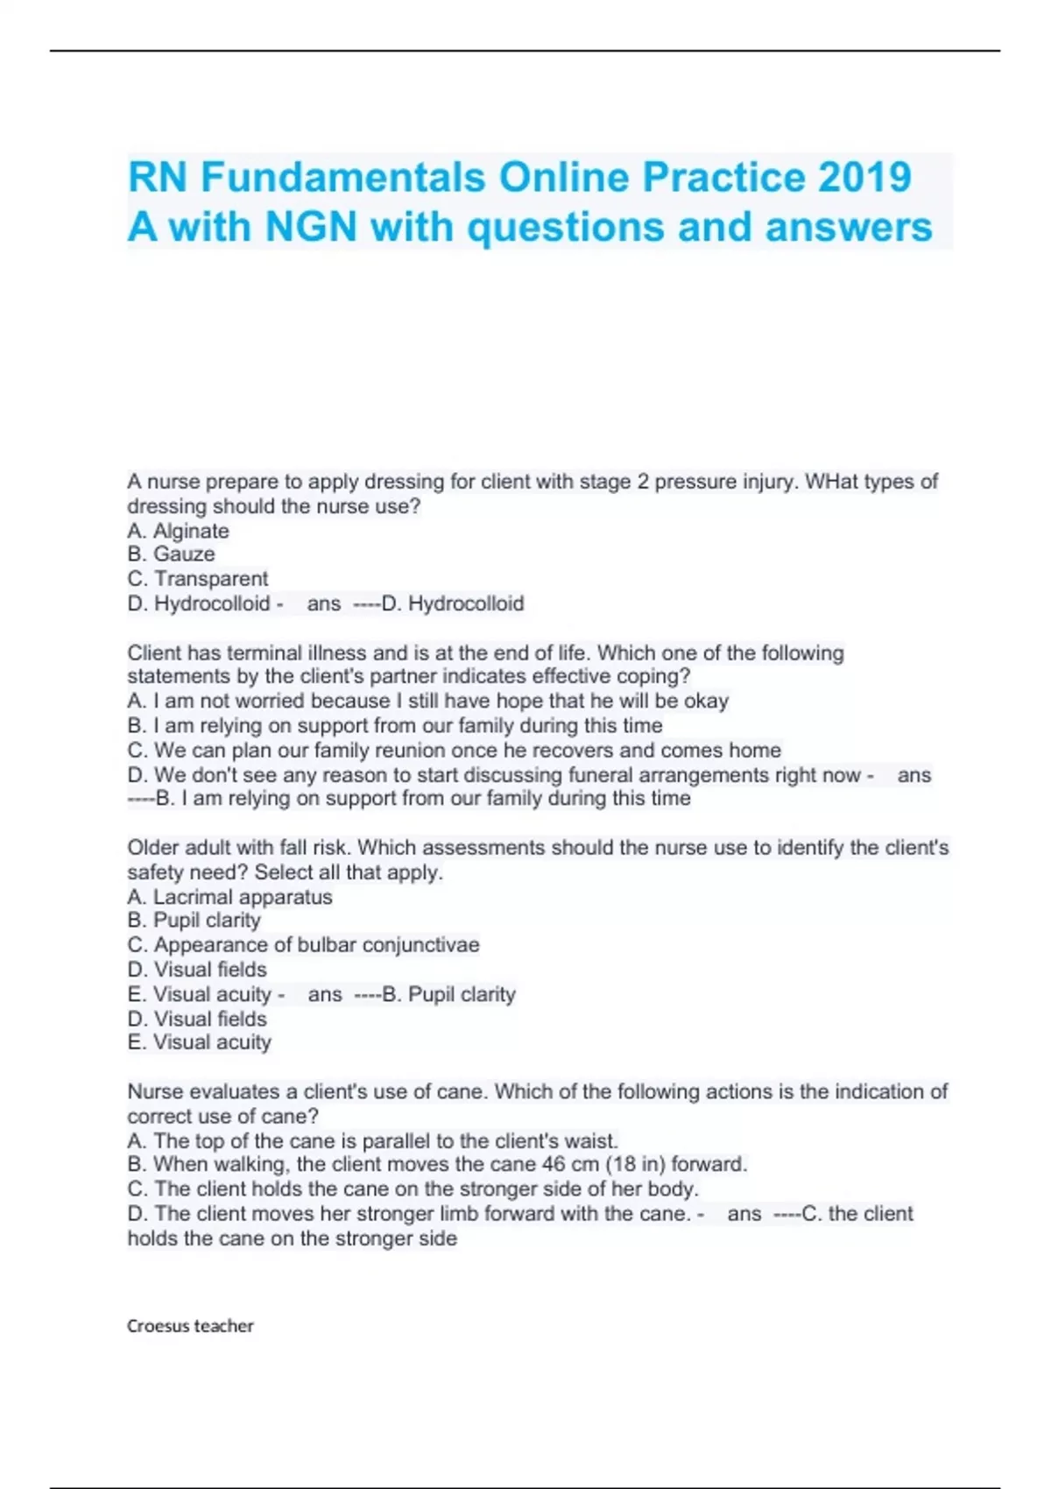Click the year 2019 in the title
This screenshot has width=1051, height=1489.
864,177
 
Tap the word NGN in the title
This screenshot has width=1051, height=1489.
312,227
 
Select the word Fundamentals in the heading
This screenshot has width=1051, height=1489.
343,177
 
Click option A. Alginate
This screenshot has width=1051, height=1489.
178,531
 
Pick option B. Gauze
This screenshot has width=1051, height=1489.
171,554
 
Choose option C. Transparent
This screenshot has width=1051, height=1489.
198,579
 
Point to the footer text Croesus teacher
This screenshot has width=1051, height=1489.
190,1326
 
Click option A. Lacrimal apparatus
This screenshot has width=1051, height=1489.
229,897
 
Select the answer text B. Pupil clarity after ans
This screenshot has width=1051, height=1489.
449,995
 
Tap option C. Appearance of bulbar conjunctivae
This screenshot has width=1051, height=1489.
303,945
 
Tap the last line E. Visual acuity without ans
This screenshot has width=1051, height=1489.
199,1042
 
